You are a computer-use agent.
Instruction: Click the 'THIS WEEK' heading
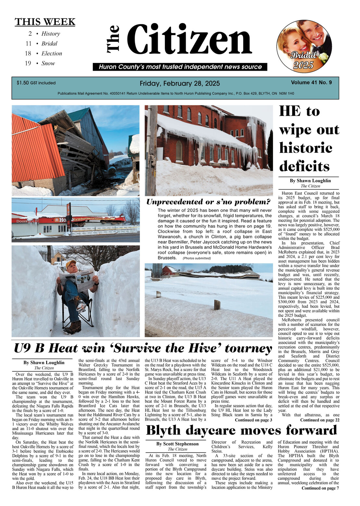(x=45, y=22)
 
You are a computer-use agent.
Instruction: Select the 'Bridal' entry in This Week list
(x=49, y=43)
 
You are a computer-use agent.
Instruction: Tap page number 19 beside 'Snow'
(x=28, y=63)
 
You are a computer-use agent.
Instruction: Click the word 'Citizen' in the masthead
(x=189, y=40)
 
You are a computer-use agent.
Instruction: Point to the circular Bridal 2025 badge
(x=304, y=46)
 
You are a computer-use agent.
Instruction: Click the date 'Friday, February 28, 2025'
(x=180, y=83)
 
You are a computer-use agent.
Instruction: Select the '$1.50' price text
(x=23, y=83)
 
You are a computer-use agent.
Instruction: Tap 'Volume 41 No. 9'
(x=311, y=82)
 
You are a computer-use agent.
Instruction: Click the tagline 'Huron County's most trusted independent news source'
(x=180, y=67)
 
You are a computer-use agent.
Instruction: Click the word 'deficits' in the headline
(x=304, y=166)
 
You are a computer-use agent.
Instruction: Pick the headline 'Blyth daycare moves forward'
(x=241, y=430)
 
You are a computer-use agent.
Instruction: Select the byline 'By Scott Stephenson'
(x=177, y=444)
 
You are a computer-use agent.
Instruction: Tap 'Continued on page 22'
(x=319, y=420)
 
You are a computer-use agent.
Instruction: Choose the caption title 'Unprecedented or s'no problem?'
(x=208, y=202)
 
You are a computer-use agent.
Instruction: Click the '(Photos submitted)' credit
(x=196, y=258)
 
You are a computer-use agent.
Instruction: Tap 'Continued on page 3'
(x=253, y=420)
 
